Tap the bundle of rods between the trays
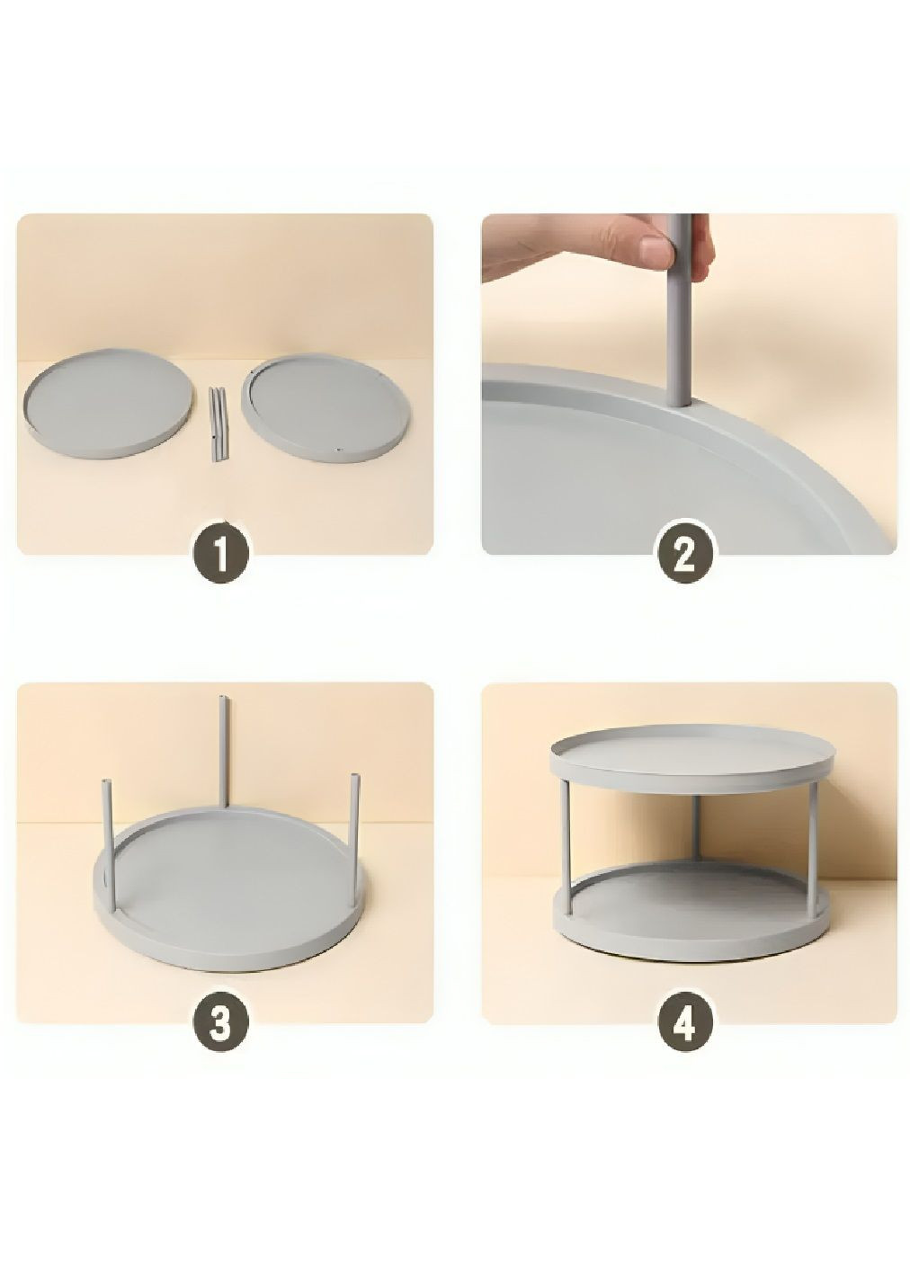tap(219, 423)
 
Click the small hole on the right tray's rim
tap(337, 450)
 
